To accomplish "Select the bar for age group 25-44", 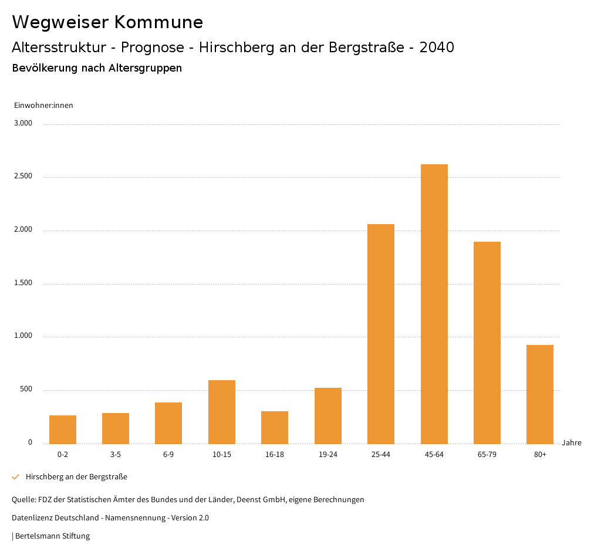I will (x=381, y=334).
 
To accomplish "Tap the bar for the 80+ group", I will (x=540, y=394).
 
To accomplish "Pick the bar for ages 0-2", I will (x=63, y=429).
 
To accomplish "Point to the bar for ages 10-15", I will (x=222, y=412).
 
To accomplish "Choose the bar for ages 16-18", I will (x=275, y=428).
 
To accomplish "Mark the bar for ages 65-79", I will (x=487, y=343).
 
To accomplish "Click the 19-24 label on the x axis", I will (x=328, y=455).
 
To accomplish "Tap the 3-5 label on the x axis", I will (x=116, y=455).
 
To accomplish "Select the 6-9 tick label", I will (x=168, y=455).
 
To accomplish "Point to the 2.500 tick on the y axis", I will (x=23, y=177).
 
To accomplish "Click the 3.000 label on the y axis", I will (x=23, y=123).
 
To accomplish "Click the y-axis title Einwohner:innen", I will (x=43, y=106).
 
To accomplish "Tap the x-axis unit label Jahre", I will (x=572, y=443).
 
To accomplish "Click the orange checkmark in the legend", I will (x=16, y=477).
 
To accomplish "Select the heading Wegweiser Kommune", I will (x=107, y=22).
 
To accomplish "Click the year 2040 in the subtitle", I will (x=437, y=48).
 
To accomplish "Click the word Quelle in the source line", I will (x=23, y=500).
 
